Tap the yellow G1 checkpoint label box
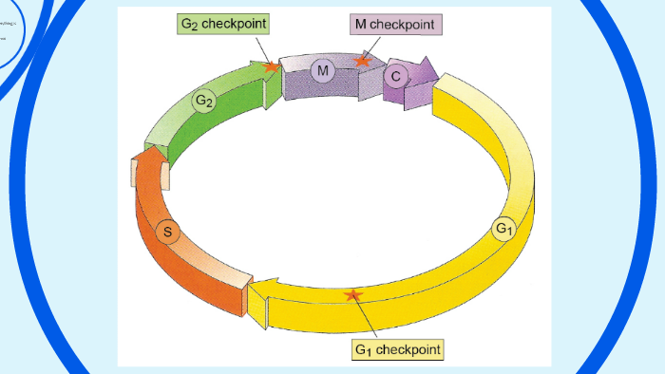point(397,350)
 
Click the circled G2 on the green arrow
point(202,101)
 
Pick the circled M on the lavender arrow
point(323,71)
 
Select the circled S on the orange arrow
point(168,232)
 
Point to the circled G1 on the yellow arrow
point(503,229)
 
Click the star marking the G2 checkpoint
point(272,66)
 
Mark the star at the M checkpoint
point(361,61)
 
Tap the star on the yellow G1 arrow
point(353,295)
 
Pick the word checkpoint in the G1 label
point(408,350)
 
